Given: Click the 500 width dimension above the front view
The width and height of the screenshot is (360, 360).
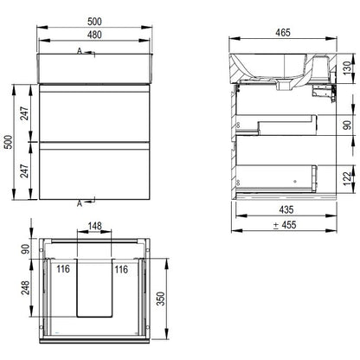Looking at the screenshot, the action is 94,22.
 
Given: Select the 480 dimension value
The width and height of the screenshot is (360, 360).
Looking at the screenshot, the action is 94,35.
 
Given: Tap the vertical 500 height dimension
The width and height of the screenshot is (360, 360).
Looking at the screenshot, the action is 9,142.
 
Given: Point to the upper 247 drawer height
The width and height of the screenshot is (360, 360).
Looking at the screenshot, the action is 25,113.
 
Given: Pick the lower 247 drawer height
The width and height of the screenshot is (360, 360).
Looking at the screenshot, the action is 25,170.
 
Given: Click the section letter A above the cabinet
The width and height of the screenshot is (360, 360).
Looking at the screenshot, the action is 80,51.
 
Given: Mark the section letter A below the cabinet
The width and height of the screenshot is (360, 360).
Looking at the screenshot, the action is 80,203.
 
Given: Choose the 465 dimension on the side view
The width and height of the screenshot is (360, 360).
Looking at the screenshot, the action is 283,33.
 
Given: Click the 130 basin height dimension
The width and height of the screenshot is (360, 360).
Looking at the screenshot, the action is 348,68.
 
